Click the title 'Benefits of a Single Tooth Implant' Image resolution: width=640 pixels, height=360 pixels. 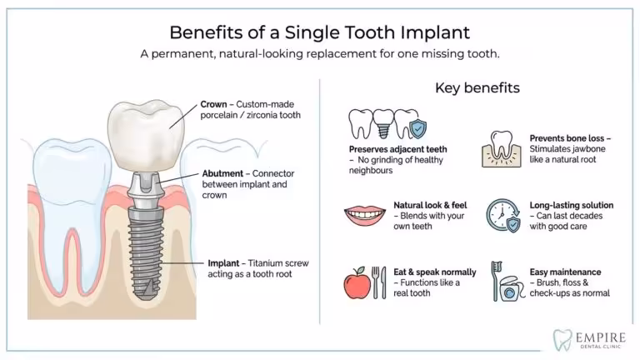(x=320, y=32)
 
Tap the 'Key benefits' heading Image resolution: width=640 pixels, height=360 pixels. (x=477, y=87)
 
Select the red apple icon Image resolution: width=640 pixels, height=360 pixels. (x=356, y=283)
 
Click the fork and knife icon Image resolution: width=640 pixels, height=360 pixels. (x=378, y=282)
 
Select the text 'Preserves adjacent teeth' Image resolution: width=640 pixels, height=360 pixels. (x=392, y=149)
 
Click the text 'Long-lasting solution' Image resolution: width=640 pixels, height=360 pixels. (x=572, y=205)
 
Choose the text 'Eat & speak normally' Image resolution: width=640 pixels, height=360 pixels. (x=435, y=272)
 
